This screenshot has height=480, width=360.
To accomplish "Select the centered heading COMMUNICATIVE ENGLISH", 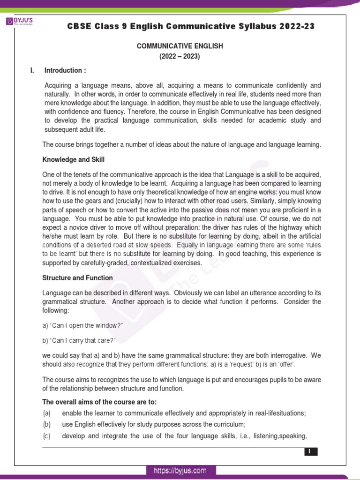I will pos(180,46).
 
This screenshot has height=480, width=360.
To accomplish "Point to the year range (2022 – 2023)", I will pos(180,56).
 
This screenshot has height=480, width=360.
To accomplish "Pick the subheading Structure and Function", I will pos(77,278).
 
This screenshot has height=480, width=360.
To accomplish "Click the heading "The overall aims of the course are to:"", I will pos(99,402).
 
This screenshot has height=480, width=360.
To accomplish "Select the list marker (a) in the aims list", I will pos(46,413).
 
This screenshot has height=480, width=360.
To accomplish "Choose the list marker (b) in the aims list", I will pos(46,425).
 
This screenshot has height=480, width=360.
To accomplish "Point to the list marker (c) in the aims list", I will pos(46,436).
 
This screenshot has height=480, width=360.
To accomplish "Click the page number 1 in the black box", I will pos(309,452).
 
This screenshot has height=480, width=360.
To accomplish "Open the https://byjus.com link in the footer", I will pos(180,471).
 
